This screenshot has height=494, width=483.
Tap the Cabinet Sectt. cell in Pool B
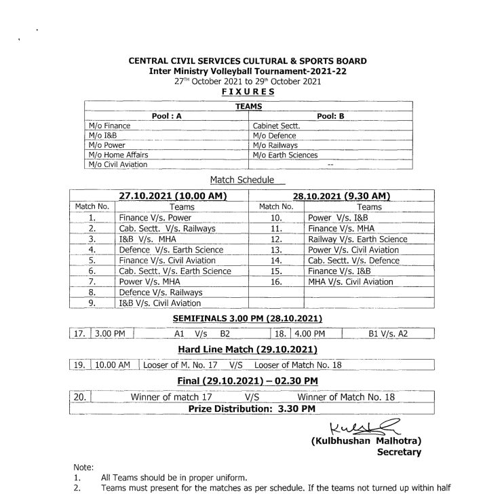[x=276, y=126]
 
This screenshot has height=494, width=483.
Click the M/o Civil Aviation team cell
[x=117, y=165]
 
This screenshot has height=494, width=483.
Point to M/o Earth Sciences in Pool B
[x=285, y=155]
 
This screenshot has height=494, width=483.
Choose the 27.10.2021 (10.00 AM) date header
[x=172, y=195]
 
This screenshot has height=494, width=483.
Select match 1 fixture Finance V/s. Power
[x=155, y=218]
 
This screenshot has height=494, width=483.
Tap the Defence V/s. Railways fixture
[x=160, y=292]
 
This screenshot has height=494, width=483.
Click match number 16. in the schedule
[x=275, y=282]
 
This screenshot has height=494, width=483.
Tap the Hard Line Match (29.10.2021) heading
[x=248, y=349]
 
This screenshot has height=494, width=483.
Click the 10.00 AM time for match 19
[x=113, y=364]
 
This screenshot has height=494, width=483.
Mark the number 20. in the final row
[x=79, y=396]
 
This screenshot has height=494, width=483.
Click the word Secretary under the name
[x=399, y=452]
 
